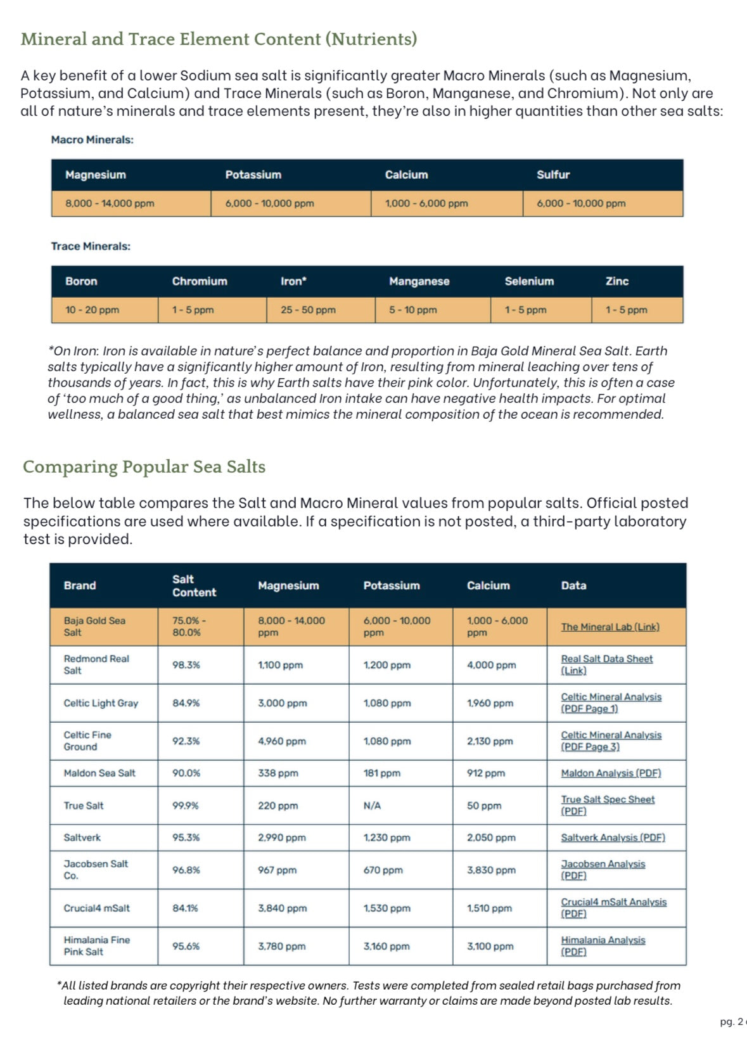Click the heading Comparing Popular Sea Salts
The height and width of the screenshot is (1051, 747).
144,467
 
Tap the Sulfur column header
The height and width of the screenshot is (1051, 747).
552,175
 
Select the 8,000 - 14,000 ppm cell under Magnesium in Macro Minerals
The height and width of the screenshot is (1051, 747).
110,203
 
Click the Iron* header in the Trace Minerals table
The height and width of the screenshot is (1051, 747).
293,281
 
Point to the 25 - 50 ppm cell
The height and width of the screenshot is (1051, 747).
308,310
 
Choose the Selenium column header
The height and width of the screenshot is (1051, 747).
529,281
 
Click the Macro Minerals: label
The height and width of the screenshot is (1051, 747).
92,140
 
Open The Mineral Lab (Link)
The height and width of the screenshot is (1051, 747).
610,627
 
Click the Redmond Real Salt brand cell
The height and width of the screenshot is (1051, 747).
96,665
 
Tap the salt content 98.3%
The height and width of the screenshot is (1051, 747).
186,665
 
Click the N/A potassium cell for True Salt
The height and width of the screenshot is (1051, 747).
372,806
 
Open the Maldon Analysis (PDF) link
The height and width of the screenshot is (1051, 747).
611,773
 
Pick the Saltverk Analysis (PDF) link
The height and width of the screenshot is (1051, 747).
613,838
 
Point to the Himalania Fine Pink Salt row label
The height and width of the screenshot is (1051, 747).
96,946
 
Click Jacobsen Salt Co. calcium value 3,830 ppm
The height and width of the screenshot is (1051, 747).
491,870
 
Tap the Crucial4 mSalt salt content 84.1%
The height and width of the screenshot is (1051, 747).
185,908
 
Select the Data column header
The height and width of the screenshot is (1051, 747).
573,586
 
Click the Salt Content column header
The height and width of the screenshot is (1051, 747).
194,586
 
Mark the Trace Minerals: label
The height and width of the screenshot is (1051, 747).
91,246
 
